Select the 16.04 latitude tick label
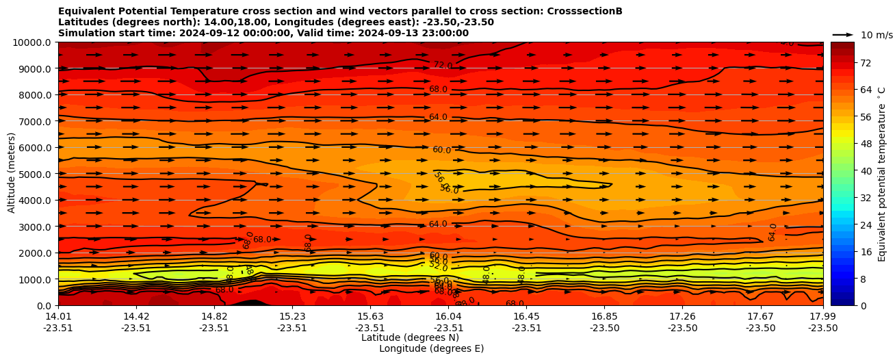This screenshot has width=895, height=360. point(449,316)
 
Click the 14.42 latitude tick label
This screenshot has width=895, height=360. point(136,316)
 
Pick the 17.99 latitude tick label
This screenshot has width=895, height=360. point(822,316)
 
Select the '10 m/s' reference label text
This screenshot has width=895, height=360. point(877,35)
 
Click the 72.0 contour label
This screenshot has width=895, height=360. point(443,65)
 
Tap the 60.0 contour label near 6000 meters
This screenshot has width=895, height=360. point(441,150)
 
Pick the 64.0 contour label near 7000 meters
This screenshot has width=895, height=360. point(438,117)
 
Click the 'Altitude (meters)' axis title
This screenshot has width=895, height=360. point(12,173)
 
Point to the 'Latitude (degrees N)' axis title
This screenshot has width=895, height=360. point(410,337)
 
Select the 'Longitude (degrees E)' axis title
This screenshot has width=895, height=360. point(431,348)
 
